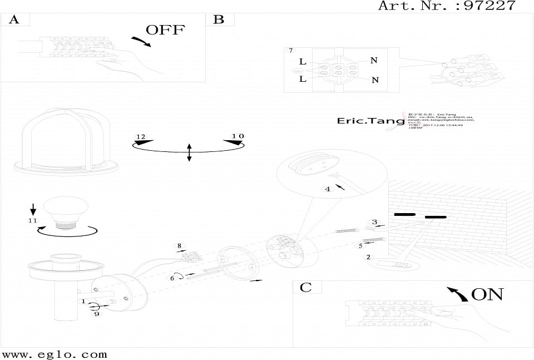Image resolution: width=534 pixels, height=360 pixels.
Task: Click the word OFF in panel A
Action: tap(165, 30)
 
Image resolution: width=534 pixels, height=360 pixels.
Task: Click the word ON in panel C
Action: tap(487, 294)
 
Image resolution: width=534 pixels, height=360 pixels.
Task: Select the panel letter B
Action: tap(219, 20)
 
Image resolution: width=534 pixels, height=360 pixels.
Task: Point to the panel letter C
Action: tap(305, 287)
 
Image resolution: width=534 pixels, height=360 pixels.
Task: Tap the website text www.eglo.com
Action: tap(55, 354)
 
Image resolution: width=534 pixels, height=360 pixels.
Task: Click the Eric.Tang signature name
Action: tap(364, 121)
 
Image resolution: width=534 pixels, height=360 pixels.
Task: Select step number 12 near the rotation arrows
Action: tap(140, 137)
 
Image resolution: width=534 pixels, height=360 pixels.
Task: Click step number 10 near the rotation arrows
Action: tap(238, 136)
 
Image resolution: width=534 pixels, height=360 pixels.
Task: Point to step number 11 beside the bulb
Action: tap(33, 221)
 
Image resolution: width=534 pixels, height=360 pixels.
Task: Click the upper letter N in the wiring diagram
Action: tap(374, 61)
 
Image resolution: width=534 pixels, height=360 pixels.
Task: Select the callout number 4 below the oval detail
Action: tap(328, 189)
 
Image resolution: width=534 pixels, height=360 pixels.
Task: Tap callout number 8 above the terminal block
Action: tap(179, 245)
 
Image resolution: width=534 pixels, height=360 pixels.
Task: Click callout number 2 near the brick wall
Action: tap(368, 257)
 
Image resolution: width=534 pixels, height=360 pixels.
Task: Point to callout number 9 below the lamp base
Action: tap(96, 314)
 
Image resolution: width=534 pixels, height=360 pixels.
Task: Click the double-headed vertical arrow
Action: tap(189, 152)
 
